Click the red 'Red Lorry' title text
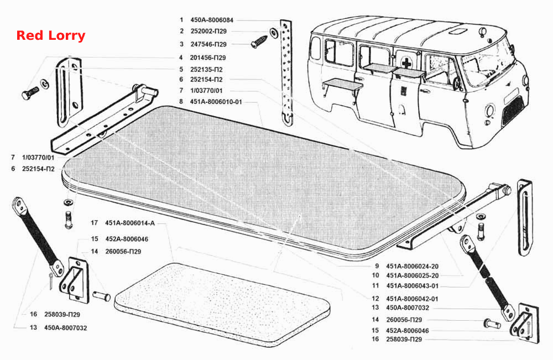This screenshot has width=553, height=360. click(51, 35)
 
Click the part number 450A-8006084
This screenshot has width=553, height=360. click(212, 20)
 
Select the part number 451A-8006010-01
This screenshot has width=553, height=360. click(216, 102)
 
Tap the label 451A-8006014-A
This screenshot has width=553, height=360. click(130, 223)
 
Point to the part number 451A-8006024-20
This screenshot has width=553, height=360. click(413, 267)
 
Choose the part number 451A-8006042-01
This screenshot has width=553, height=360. click(412, 299)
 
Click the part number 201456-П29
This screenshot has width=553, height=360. click(208, 58)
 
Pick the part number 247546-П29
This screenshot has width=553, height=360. click(208, 44)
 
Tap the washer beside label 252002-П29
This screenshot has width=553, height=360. click(274, 32)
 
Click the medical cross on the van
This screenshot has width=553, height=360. click(406, 63)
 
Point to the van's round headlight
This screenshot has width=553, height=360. click(489, 111)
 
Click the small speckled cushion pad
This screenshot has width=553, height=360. click(222, 305)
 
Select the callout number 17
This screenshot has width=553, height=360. click(94, 223)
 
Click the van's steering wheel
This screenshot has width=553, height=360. click(458, 85)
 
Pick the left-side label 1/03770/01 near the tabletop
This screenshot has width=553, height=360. click(38, 158)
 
